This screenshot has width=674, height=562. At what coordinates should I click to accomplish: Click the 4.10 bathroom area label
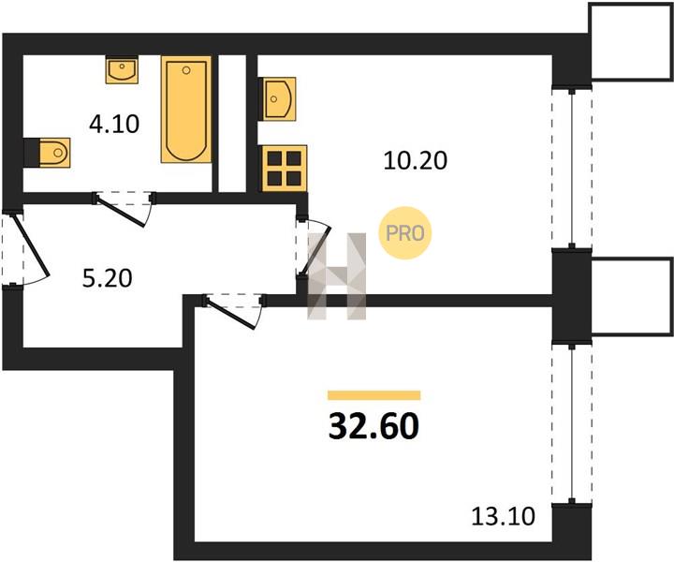point(114,125)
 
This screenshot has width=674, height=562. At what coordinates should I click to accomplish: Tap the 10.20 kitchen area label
point(416,161)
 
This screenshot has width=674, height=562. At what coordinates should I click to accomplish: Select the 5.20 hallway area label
point(107,278)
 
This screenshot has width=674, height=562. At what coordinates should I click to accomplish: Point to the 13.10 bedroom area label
point(504,516)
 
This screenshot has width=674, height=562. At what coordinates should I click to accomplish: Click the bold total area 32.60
point(374,425)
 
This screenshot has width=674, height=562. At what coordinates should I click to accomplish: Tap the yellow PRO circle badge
point(404,233)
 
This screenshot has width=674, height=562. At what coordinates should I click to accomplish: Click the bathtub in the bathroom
point(186,110)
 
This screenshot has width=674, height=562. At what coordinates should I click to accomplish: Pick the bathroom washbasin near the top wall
point(122,69)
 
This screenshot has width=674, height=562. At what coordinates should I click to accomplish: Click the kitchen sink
point(278,99)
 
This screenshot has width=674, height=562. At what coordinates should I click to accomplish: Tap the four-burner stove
point(284,168)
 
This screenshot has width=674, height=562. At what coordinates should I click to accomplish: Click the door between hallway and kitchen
point(313,247)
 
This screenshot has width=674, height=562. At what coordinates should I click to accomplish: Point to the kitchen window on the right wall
point(572,168)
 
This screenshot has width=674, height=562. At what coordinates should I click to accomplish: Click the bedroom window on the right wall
point(572,423)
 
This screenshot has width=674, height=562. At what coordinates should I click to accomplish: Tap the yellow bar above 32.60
point(374,395)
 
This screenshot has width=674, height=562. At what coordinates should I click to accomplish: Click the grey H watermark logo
point(337,276)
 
